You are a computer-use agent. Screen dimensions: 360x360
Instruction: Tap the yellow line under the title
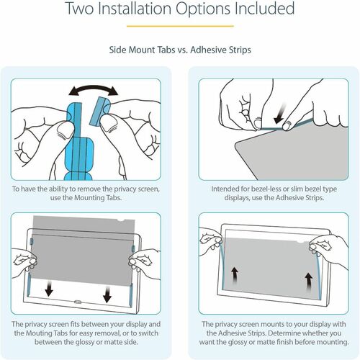180,29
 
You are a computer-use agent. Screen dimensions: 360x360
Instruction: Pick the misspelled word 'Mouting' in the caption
51,333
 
